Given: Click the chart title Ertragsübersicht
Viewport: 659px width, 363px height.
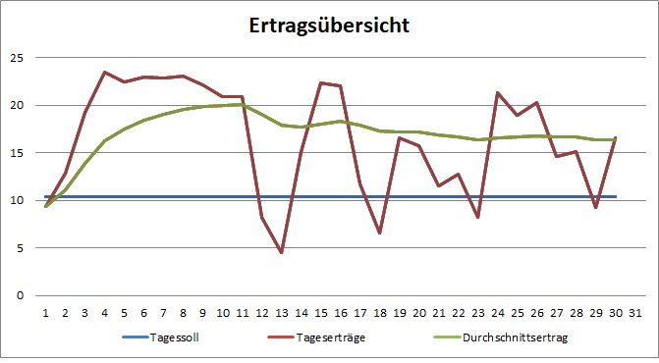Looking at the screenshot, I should pyautogui.click(x=329, y=25).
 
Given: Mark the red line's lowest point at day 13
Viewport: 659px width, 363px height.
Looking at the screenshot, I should pyautogui.click(x=281, y=252).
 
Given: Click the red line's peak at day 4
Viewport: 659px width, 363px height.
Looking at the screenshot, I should pyautogui.click(x=104, y=72).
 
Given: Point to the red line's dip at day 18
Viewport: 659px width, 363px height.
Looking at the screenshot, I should pyautogui.click(x=379, y=233).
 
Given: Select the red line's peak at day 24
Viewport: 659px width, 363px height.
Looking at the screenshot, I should pyautogui.click(x=498, y=93).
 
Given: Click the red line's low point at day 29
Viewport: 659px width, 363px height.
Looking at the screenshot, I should pyautogui.click(x=596, y=207).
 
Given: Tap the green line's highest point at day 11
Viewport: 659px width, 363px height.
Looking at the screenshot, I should pyautogui.click(x=242, y=104).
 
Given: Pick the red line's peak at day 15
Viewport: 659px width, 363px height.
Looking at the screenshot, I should pyautogui.click(x=320, y=82).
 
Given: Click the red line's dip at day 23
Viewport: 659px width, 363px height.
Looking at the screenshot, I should pyautogui.click(x=477, y=217).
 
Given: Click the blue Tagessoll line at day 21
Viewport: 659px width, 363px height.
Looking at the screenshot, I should pyautogui.click(x=438, y=196).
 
